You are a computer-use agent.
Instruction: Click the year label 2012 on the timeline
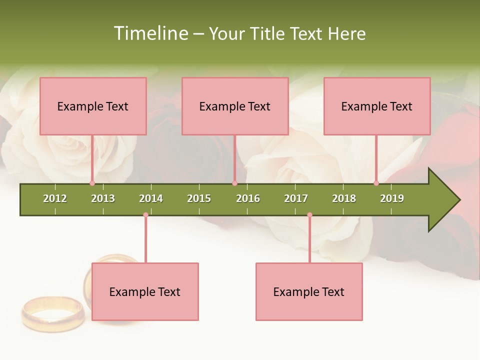pyautogui.click(x=55, y=198)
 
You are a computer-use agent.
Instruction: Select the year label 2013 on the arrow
pyautogui.click(x=103, y=198)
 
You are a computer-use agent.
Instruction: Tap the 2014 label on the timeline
pyautogui.click(x=151, y=198)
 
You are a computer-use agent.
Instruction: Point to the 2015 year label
pyautogui.click(x=199, y=198)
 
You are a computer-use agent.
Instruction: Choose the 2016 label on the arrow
pyautogui.click(x=248, y=198)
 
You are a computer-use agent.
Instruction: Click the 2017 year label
pyautogui.click(x=296, y=198)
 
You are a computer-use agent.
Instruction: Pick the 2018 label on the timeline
pyautogui.click(x=344, y=198)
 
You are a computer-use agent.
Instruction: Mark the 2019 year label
pyautogui.click(x=392, y=198)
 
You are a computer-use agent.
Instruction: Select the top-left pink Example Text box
pyautogui.click(x=93, y=106)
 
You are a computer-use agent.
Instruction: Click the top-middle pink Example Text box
pyautogui.click(x=235, y=106)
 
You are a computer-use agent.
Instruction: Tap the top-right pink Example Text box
pyautogui.click(x=377, y=106)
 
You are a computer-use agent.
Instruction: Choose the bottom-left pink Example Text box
pyautogui.click(x=145, y=291)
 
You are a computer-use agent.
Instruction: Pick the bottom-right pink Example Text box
pyautogui.click(x=309, y=291)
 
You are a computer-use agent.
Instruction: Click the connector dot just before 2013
pyautogui.click(x=92, y=183)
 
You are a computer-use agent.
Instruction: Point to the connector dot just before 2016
pyautogui.click(x=234, y=183)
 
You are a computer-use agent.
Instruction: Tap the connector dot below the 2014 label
pyautogui.click(x=145, y=215)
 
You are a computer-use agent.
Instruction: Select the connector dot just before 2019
pyautogui.click(x=376, y=183)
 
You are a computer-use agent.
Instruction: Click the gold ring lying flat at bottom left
pyautogui.click(x=53, y=313)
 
